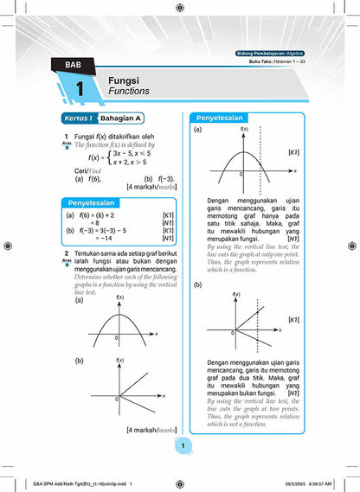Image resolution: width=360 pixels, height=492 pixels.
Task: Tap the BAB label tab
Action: pyautogui.click(x=66, y=64)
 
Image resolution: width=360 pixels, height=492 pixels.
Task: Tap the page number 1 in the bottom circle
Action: pyautogui.click(x=180, y=445)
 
